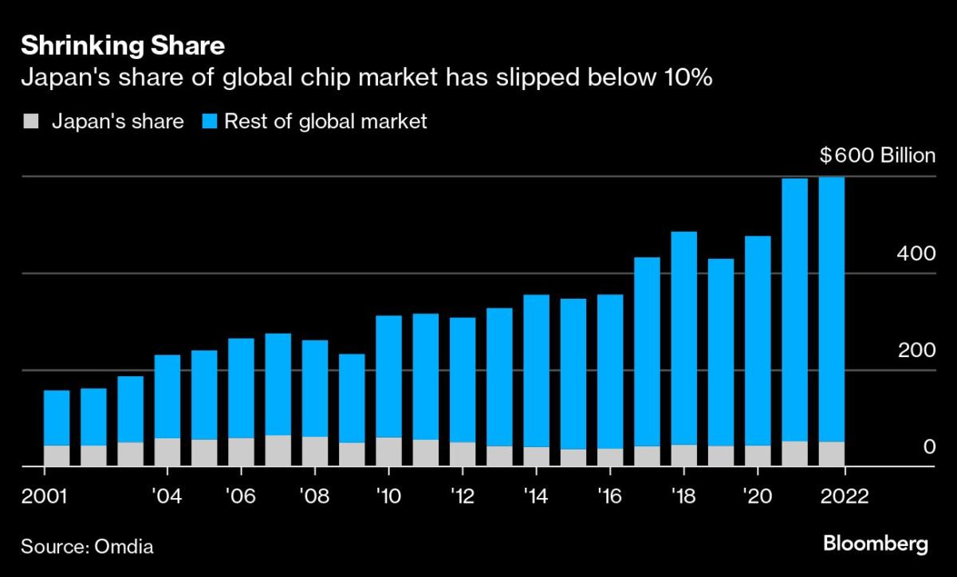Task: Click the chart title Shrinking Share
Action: [122, 46]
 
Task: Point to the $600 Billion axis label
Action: [877, 155]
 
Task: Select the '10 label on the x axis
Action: [388, 497]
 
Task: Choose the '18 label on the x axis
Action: [683, 497]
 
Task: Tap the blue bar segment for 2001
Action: [57, 418]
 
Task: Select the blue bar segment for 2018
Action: [684, 338]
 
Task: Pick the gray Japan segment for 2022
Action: [832, 453]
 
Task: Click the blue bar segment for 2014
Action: [536, 371]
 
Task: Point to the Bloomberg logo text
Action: [875, 546]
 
